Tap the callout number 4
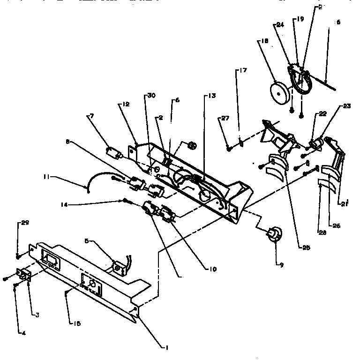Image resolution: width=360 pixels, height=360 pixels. click(22, 333)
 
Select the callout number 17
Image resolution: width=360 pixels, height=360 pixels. click(242, 71)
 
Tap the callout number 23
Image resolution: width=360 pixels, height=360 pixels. click(346, 106)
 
